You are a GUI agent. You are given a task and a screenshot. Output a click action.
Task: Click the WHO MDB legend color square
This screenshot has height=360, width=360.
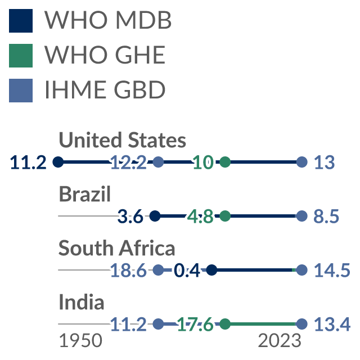[21, 21]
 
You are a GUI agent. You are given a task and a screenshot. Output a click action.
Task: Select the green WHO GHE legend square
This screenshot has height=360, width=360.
[21, 56]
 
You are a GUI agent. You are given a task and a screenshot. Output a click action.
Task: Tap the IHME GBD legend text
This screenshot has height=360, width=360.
[105, 90]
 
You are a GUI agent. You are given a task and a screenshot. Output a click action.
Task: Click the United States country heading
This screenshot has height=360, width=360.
[123, 139]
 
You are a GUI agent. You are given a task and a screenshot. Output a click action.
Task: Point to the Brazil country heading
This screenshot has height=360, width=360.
[85, 193]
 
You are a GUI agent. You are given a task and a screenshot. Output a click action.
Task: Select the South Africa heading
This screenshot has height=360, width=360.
[116, 247]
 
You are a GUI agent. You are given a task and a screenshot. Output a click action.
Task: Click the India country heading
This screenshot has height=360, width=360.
[82, 301]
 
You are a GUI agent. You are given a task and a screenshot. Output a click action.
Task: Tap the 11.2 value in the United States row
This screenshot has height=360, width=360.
[28, 163]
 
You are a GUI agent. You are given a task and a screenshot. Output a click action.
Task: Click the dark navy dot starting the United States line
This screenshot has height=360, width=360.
[58, 162]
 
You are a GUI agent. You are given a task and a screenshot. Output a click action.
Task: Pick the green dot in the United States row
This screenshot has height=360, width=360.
[225, 162]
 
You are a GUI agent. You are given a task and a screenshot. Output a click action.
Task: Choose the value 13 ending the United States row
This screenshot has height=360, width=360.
[324, 163]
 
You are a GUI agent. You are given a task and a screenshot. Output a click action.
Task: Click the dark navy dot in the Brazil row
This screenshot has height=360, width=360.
[155, 216]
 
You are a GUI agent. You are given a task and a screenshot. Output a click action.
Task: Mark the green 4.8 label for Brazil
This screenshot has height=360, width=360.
[200, 217]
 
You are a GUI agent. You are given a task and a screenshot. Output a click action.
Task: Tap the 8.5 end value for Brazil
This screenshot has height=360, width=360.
[326, 217]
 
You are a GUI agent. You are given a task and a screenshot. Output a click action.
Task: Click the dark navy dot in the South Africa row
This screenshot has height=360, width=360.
[211, 270]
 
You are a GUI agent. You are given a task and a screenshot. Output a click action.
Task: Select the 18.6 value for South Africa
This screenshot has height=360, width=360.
[128, 271]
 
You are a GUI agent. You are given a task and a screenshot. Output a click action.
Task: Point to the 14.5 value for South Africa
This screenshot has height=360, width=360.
[332, 271]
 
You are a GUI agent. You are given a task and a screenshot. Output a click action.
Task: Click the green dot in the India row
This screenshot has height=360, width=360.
[225, 324]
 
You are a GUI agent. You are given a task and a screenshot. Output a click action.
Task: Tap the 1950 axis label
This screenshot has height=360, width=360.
[80, 341]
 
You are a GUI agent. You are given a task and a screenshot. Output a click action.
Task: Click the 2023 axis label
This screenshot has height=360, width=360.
[280, 341]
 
